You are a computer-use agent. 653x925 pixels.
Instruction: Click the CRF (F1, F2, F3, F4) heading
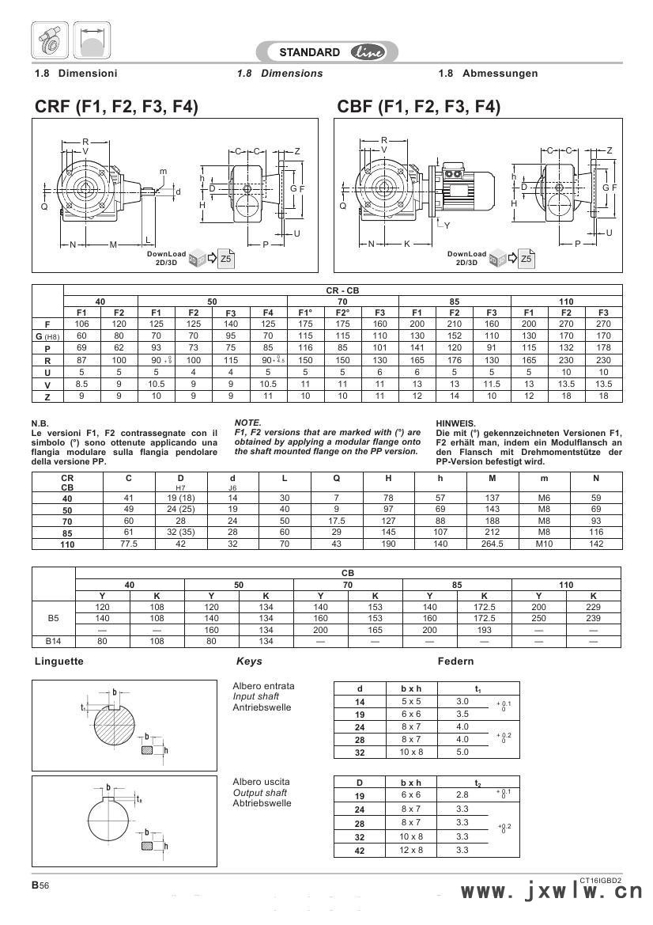116,107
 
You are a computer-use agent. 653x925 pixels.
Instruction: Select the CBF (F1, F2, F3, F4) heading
418,107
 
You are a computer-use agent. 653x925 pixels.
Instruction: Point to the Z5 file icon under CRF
225,258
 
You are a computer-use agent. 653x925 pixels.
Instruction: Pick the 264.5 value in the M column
493,544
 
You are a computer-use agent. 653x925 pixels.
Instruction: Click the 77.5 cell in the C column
129,544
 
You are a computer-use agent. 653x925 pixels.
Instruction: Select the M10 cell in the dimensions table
543,544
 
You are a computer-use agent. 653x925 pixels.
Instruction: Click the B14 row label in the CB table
53,641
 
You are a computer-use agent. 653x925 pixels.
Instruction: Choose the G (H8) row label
47,336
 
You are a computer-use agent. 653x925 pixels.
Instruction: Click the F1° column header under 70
306,313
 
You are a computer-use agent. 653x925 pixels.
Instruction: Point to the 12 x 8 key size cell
412,850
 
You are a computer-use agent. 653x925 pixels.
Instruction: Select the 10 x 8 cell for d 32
412,752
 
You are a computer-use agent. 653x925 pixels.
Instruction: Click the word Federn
455,661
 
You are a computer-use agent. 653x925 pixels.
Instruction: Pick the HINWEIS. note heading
456,423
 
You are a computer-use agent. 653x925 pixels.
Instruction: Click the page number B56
40,886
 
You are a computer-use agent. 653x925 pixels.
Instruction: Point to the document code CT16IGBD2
600,879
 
